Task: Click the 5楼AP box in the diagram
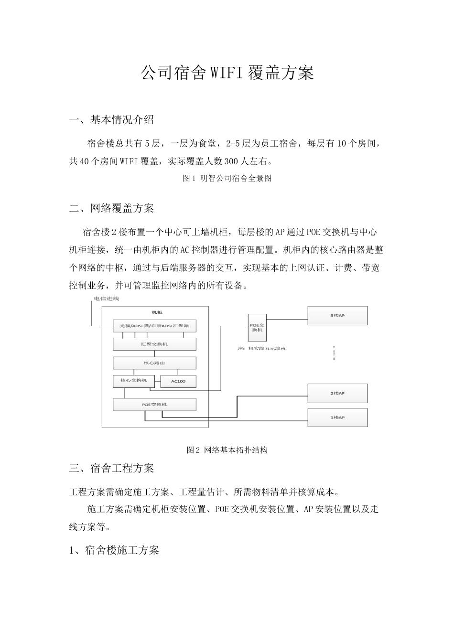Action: point(337,316)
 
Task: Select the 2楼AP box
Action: point(337,393)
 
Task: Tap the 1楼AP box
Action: point(337,417)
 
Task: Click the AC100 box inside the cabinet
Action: point(177,382)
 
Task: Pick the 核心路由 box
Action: point(154,363)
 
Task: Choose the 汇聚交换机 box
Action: point(154,344)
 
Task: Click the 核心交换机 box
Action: point(133,381)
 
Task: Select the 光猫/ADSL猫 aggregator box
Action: point(154,326)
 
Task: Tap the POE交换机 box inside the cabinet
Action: point(154,405)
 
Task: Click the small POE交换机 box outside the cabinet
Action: point(257,326)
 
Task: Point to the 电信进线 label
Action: point(106,299)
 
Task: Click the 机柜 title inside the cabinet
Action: point(157,312)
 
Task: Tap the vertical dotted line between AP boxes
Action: point(334,353)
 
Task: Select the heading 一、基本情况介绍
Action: point(112,119)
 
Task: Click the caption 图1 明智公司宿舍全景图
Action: point(227,178)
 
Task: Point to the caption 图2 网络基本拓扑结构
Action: point(227,450)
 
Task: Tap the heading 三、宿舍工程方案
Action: point(112,468)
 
